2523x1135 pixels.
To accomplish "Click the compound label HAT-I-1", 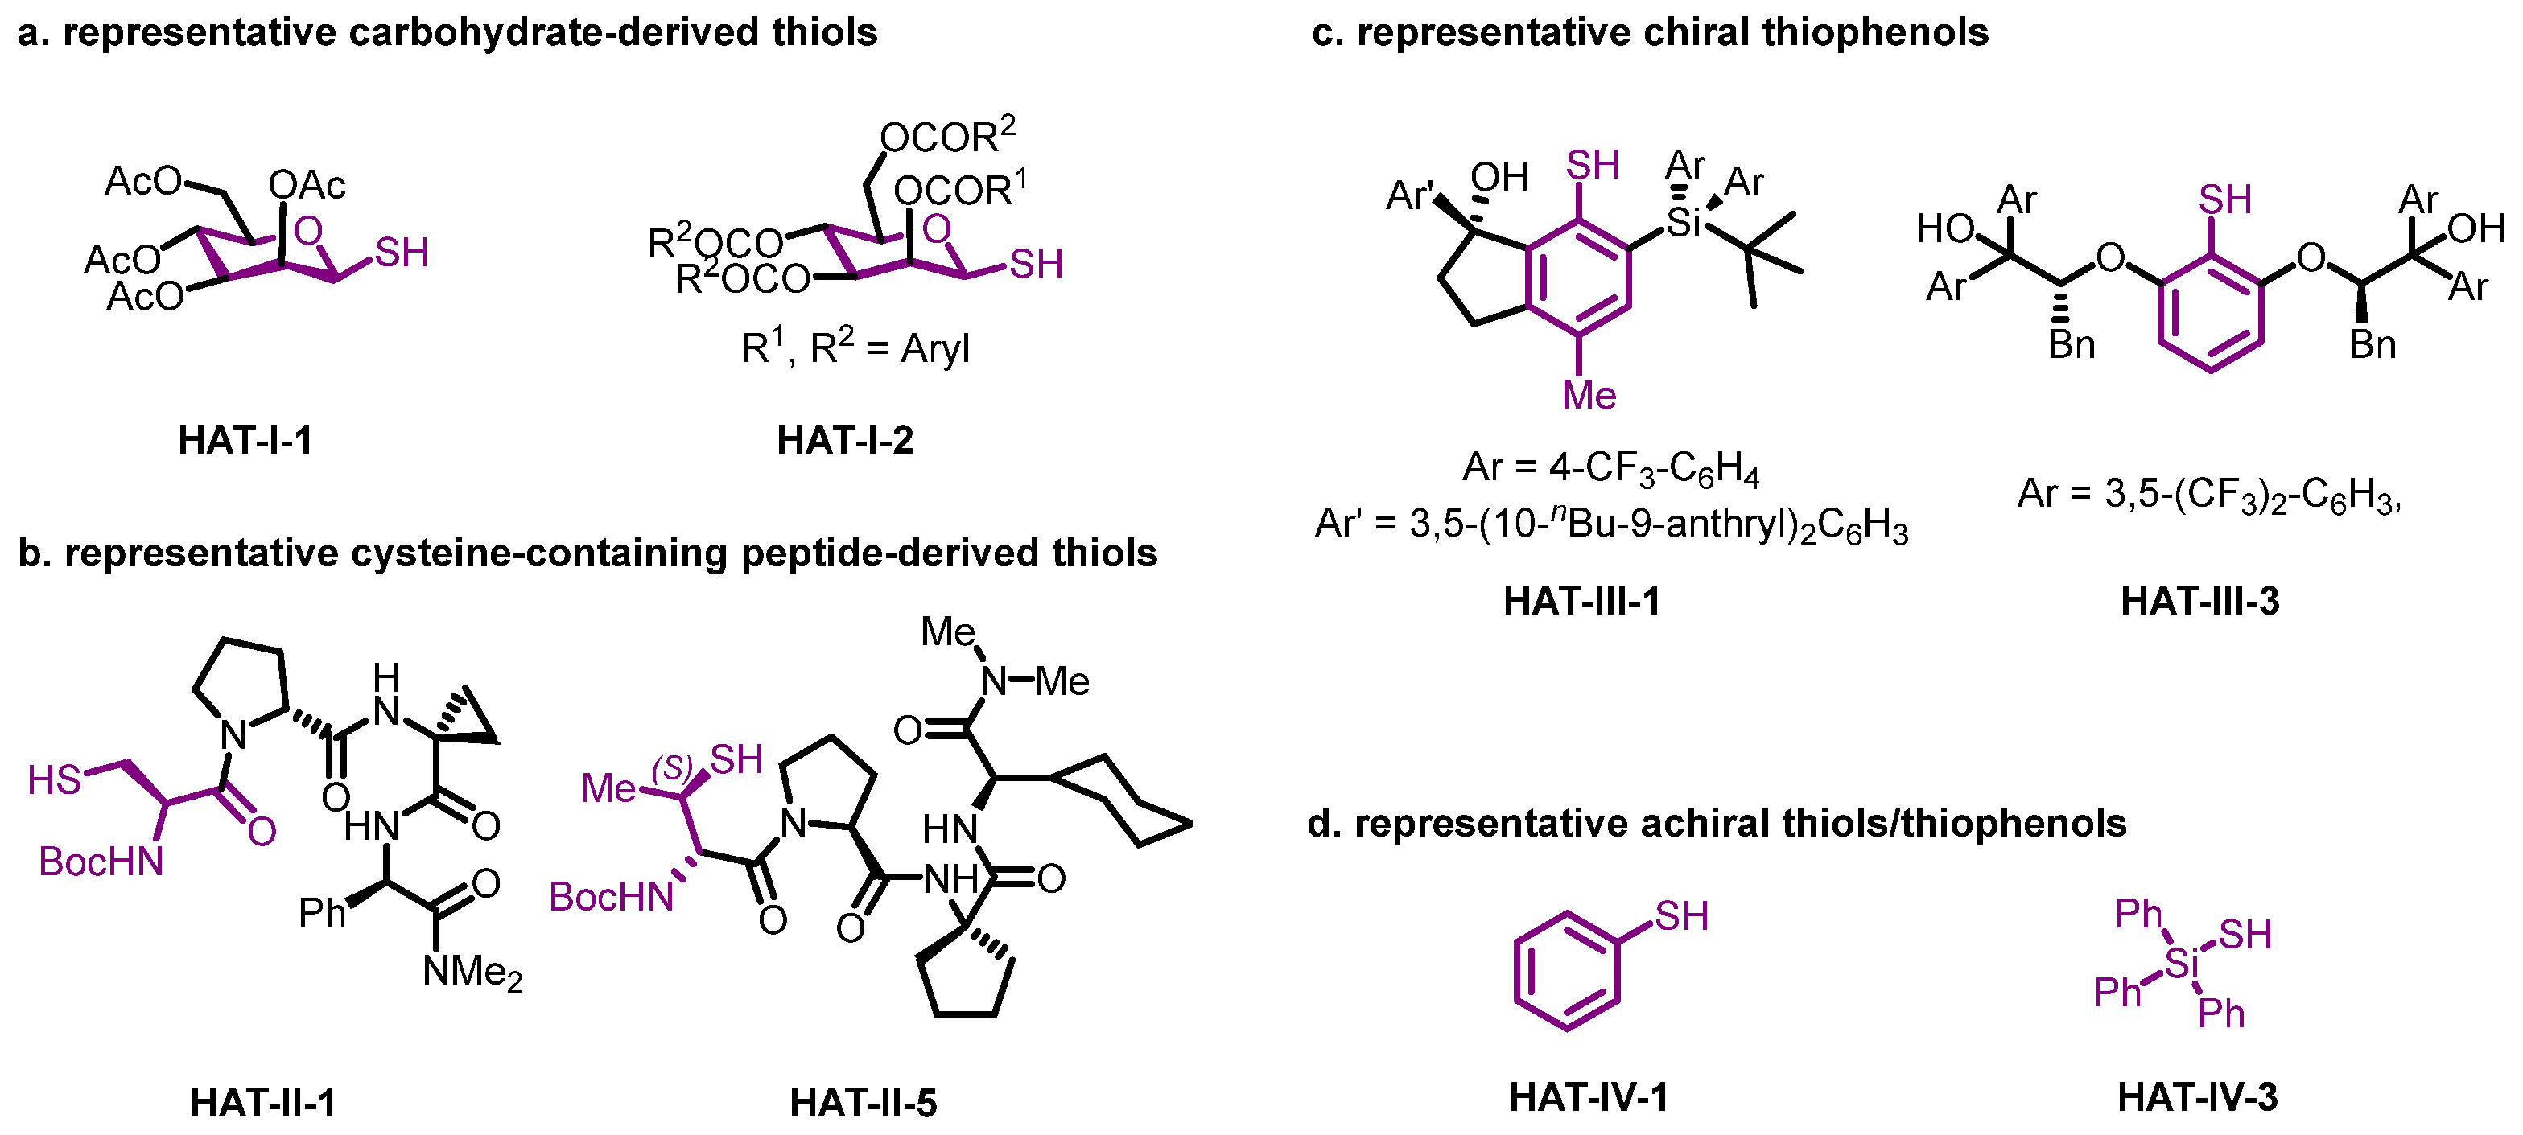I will (245, 441).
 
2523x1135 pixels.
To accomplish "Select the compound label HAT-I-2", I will (844, 441).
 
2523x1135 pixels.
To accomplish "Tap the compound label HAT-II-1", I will (262, 1103).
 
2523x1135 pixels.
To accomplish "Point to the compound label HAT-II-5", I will (863, 1103).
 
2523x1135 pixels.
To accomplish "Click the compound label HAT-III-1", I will (1581, 600).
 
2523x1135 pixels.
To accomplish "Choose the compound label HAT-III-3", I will (2199, 600).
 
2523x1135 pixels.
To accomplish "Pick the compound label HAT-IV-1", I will (1588, 1097).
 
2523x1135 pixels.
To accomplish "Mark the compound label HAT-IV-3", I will (2197, 1097).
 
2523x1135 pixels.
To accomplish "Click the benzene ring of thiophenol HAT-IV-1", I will (1566, 972).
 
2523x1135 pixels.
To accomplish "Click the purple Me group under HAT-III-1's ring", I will (1589, 396).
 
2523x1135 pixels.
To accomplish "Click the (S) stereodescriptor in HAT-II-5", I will (673, 767).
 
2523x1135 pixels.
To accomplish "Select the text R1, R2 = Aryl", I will (855, 347).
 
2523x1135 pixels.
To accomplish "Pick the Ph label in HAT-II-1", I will (322, 913).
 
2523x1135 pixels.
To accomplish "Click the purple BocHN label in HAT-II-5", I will (611, 897).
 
